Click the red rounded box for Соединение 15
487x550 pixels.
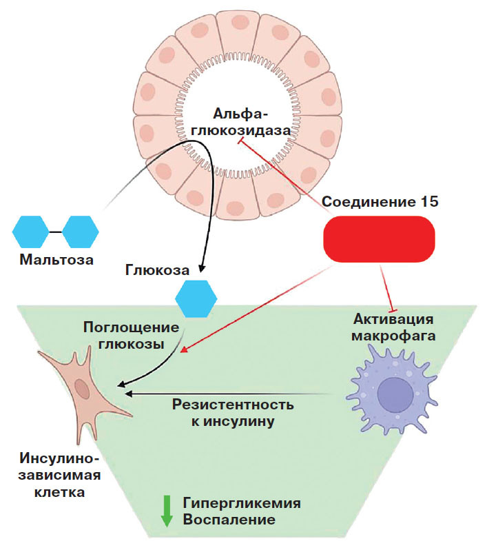[x=379, y=239]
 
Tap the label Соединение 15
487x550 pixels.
[x=380, y=203]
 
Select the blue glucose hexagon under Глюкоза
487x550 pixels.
[x=196, y=297]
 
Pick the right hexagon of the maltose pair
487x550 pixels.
[x=81, y=231]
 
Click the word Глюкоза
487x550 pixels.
[x=156, y=267]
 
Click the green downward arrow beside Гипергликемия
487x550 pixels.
[x=166, y=509]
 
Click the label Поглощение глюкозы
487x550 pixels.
[x=131, y=334]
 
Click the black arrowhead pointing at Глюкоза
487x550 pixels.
[x=201, y=267]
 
